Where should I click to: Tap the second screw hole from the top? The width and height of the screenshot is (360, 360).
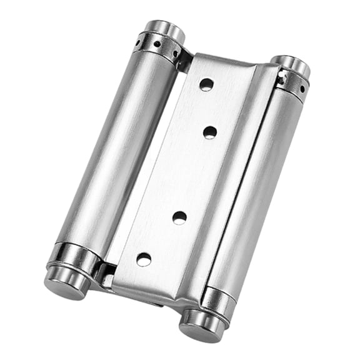[210, 132]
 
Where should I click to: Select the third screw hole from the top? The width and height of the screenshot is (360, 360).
[179, 217]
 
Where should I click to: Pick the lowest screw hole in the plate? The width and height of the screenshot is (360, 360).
[144, 258]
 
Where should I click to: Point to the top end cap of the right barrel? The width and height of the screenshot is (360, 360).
[290, 66]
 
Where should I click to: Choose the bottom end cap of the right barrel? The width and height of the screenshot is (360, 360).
[199, 323]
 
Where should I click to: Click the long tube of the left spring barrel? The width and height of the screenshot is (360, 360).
[119, 150]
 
